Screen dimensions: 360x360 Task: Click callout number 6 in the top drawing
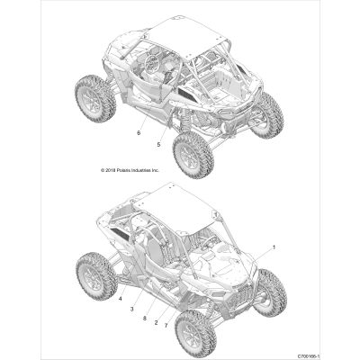[x=139, y=133]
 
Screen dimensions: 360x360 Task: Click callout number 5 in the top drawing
[x=158, y=144]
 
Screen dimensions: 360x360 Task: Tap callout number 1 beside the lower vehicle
[x=274, y=247]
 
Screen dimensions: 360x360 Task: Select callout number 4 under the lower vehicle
[x=120, y=299]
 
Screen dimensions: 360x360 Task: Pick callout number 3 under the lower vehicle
[x=131, y=309]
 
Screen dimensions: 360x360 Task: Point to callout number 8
[x=145, y=319]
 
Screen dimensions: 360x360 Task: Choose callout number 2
[x=156, y=323]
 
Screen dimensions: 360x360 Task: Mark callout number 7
[x=166, y=325]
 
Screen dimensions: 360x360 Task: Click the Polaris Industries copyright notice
[x=130, y=170]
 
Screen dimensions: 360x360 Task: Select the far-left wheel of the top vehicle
[x=95, y=98]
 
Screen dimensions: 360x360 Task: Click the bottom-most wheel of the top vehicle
[x=193, y=155]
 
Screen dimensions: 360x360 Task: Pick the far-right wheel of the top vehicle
[x=267, y=115]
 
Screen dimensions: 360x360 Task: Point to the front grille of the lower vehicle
[x=240, y=294]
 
